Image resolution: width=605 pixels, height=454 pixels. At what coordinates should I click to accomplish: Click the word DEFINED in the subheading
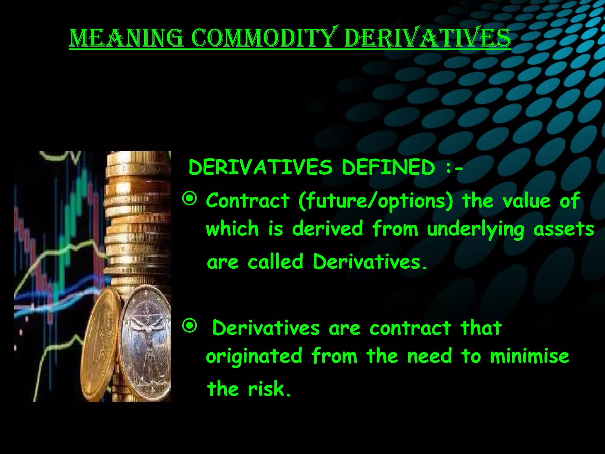388,167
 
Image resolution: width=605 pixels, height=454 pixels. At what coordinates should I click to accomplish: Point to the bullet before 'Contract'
189,199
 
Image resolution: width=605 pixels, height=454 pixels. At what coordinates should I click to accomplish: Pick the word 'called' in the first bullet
275,262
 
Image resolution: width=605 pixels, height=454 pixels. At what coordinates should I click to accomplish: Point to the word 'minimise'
529,356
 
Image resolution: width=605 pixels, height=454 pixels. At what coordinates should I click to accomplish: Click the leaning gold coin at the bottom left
100,346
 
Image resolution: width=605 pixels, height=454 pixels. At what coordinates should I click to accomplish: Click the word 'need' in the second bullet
430,356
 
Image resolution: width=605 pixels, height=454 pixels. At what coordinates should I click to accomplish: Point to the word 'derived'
327,229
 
